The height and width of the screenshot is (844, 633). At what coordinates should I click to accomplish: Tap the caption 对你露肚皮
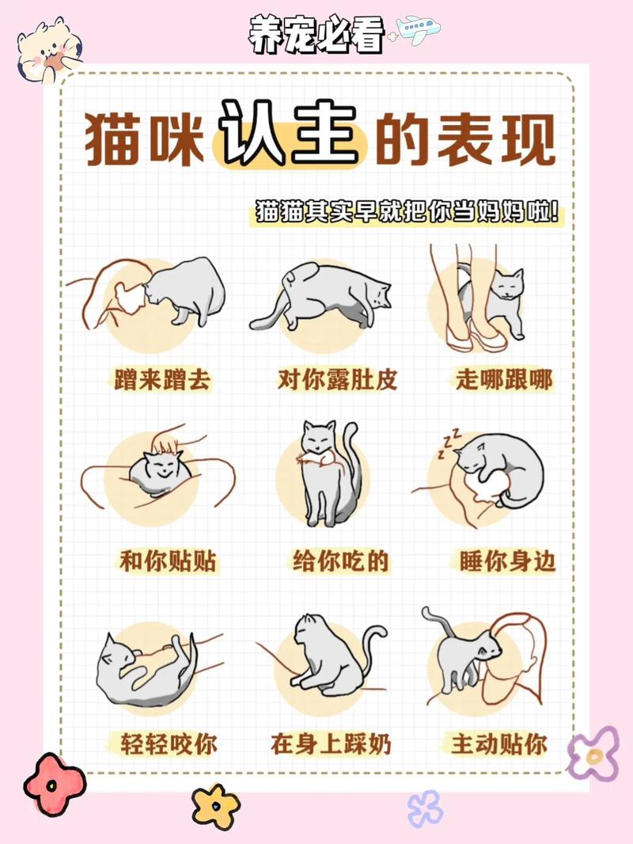(337, 379)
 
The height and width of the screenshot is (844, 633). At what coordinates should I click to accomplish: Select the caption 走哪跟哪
(503, 379)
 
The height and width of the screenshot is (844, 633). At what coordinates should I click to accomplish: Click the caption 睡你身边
(507, 561)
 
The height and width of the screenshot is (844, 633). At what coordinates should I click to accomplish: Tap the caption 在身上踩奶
(331, 744)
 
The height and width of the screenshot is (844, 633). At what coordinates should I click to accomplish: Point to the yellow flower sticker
(215, 806)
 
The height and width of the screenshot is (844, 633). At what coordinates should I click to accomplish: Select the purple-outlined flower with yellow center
(593, 753)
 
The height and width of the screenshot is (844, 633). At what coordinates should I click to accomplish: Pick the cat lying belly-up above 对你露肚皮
(324, 297)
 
